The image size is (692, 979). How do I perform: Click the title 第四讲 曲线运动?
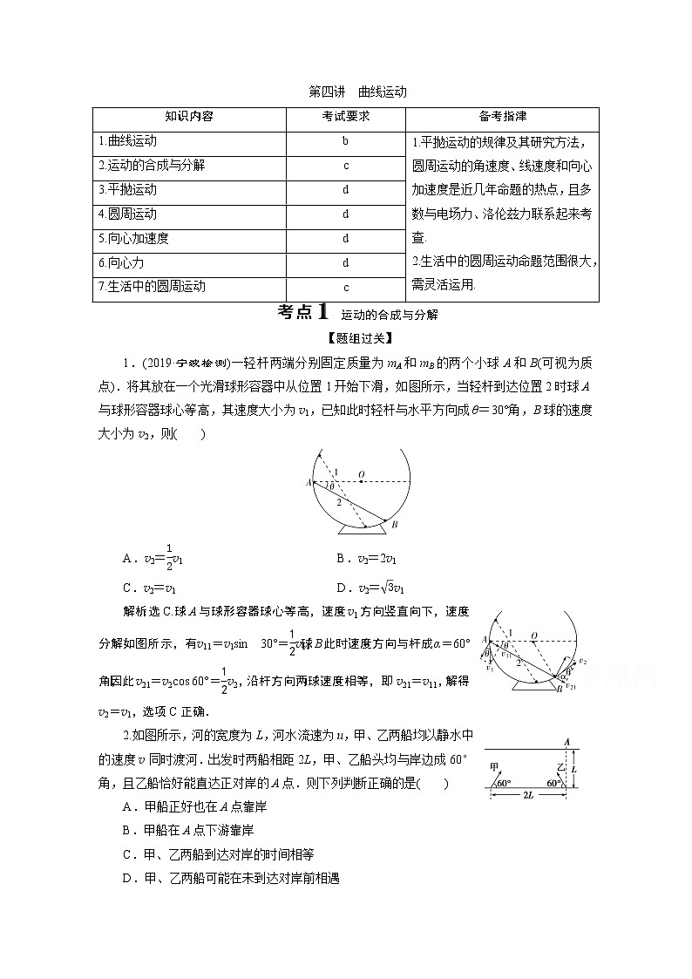pos(346,92)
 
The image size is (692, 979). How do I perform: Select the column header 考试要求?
pos(346,116)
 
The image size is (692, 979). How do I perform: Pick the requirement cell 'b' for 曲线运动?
pos(346,140)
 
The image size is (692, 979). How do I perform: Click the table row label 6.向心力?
pos(120,262)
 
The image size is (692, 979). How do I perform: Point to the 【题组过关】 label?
pos(346,337)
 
